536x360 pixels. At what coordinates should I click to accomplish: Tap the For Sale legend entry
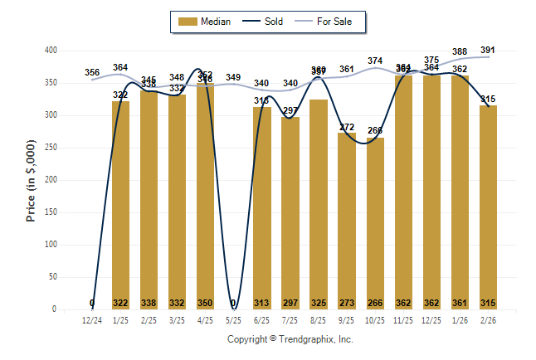coord(329,22)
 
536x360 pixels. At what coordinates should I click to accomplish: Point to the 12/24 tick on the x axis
coord(92,319)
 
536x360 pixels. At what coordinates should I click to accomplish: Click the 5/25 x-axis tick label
coord(233,319)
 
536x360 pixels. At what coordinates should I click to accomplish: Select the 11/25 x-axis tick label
coord(403,319)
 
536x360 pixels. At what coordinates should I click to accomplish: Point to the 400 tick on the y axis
coord(51,51)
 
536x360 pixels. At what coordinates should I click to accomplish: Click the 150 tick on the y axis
coord(51,212)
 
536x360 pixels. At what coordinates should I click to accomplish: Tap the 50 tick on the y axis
coord(53,277)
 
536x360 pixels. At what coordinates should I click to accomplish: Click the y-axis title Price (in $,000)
coord(31,180)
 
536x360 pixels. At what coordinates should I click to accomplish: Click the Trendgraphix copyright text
coord(290,339)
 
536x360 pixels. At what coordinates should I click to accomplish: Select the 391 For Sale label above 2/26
coord(488,50)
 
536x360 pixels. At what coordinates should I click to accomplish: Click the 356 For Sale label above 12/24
coord(92,72)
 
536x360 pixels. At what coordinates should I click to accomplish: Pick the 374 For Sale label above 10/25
coord(375,61)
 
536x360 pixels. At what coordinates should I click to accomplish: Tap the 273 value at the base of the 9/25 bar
coord(347,303)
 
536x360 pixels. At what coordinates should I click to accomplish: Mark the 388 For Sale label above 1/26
coord(460,51)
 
